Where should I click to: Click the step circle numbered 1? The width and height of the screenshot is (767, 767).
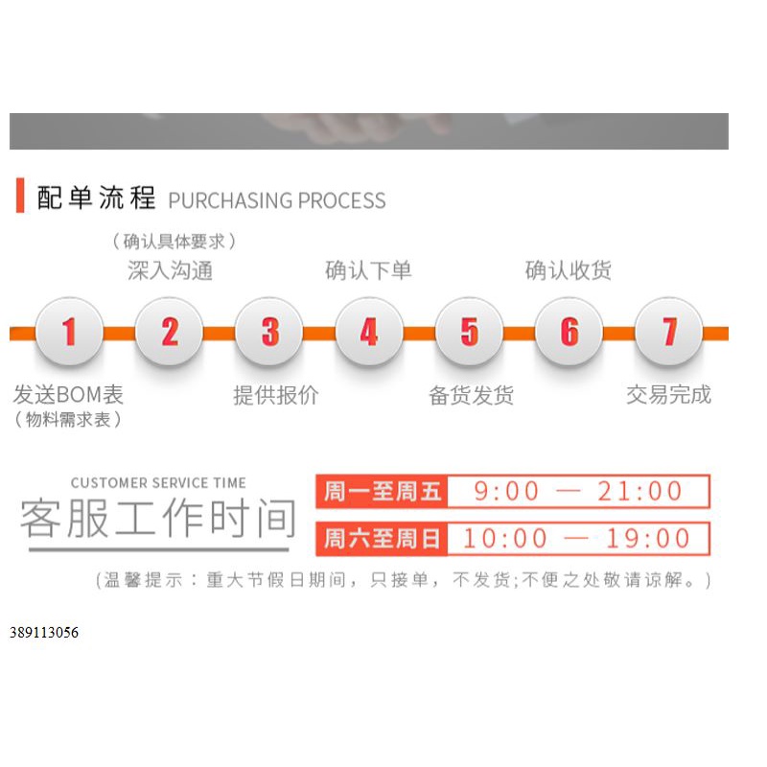pyautogui.click(x=69, y=332)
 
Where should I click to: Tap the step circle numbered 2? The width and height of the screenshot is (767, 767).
pyautogui.click(x=169, y=332)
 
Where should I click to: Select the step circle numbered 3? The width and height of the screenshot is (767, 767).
pyautogui.click(x=269, y=332)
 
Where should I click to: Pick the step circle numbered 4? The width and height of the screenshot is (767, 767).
pyautogui.click(x=369, y=332)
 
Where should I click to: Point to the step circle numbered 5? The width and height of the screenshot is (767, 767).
pyautogui.click(x=469, y=332)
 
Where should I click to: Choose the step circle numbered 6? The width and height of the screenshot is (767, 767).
pyautogui.click(x=569, y=332)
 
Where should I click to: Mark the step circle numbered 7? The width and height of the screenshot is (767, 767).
pyautogui.click(x=669, y=332)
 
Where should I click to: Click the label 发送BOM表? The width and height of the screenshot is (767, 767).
pyautogui.click(x=68, y=395)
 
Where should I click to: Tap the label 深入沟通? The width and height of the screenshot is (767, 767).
pyautogui.click(x=170, y=270)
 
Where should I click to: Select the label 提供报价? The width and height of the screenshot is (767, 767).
pyautogui.click(x=276, y=395)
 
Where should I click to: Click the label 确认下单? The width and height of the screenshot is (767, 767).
pyautogui.click(x=368, y=270)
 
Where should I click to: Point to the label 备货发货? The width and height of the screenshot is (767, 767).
pyautogui.click(x=471, y=395)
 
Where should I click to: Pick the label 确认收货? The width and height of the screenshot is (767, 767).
pyautogui.click(x=568, y=270)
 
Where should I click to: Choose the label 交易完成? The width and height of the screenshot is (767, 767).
pyautogui.click(x=668, y=395)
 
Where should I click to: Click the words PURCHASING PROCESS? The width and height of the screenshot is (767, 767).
pyautogui.click(x=277, y=200)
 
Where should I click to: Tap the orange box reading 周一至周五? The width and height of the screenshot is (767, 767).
pyautogui.click(x=383, y=492)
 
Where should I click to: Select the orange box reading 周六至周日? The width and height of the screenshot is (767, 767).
pyautogui.click(x=383, y=539)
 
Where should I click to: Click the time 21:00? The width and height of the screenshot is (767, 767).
pyautogui.click(x=639, y=492)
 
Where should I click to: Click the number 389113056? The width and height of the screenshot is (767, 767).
pyautogui.click(x=44, y=633)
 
